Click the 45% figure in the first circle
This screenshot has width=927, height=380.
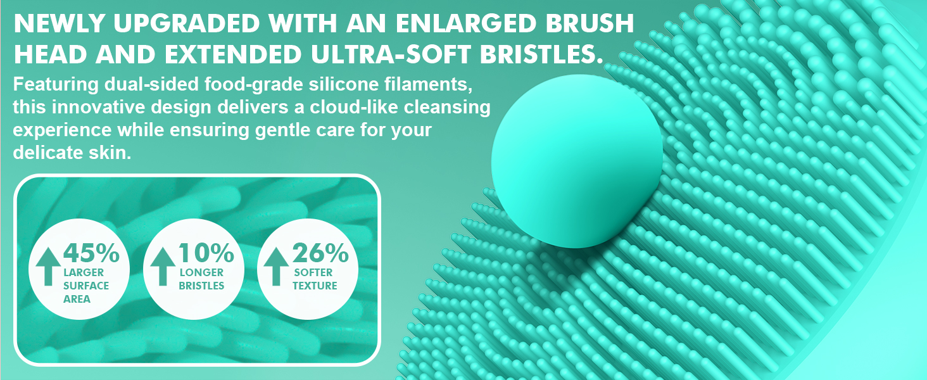(x=91, y=254)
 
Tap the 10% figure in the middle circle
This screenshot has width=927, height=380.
(x=206, y=254)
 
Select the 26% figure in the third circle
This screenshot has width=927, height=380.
(x=320, y=254)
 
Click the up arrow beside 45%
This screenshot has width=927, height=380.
(x=49, y=266)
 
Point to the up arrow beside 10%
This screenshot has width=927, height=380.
(x=163, y=266)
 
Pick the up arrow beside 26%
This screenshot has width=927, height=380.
(x=275, y=266)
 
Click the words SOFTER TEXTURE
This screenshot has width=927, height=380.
(x=315, y=279)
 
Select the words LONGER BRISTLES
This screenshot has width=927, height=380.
(x=201, y=279)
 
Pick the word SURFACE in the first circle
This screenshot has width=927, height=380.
(x=86, y=286)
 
